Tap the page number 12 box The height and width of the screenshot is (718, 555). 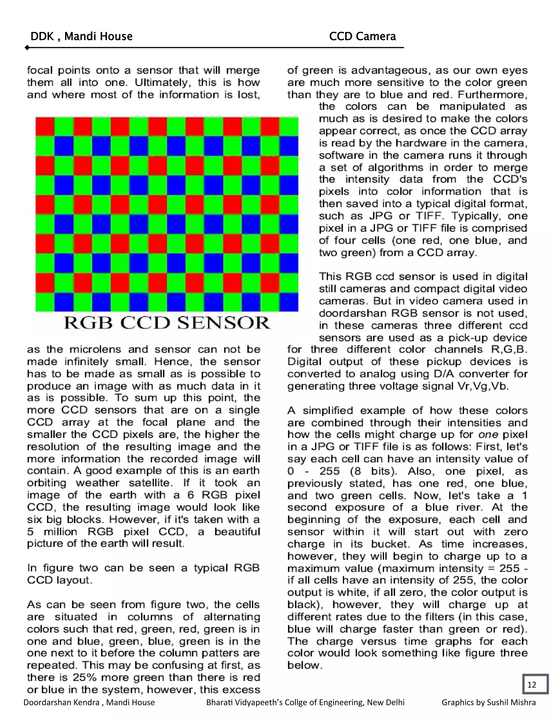pyautogui.click(x=535, y=684)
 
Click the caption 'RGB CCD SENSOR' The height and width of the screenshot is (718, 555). pyautogui.click(x=167, y=323)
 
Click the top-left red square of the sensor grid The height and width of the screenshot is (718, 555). pyautogui.click(x=45, y=127)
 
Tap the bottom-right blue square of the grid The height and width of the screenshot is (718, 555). pyautogui.click(x=289, y=302)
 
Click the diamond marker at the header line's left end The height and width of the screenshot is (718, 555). pyautogui.click(x=27, y=48)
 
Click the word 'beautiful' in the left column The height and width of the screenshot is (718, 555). pyautogui.click(x=237, y=532)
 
